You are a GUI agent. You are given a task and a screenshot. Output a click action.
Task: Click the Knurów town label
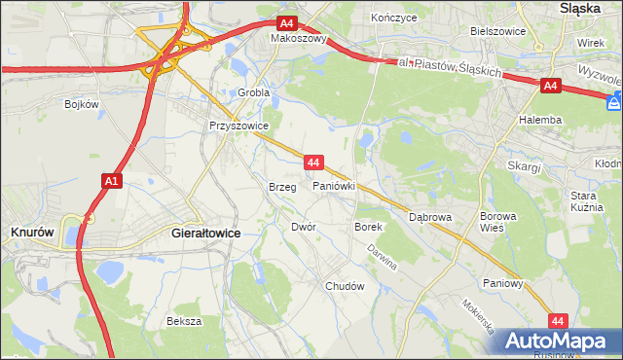(x=31, y=234)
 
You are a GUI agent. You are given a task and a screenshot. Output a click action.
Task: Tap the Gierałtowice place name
(x=205, y=234)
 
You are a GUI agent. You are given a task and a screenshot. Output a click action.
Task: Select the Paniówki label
(x=333, y=186)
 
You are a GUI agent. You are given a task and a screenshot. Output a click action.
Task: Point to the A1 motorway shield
(x=111, y=180)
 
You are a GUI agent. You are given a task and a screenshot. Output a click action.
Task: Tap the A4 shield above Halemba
(x=550, y=87)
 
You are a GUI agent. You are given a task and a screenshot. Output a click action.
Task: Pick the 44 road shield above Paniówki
(x=312, y=161)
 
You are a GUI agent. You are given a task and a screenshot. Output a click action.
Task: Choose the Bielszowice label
(x=497, y=31)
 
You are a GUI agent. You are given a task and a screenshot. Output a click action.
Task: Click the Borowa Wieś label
(x=496, y=221)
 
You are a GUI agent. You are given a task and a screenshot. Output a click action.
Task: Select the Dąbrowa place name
(x=429, y=217)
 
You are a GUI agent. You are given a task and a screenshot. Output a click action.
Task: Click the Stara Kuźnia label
(x=589, y=201)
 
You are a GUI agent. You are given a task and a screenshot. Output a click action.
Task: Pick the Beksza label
(x=183, y=321)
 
